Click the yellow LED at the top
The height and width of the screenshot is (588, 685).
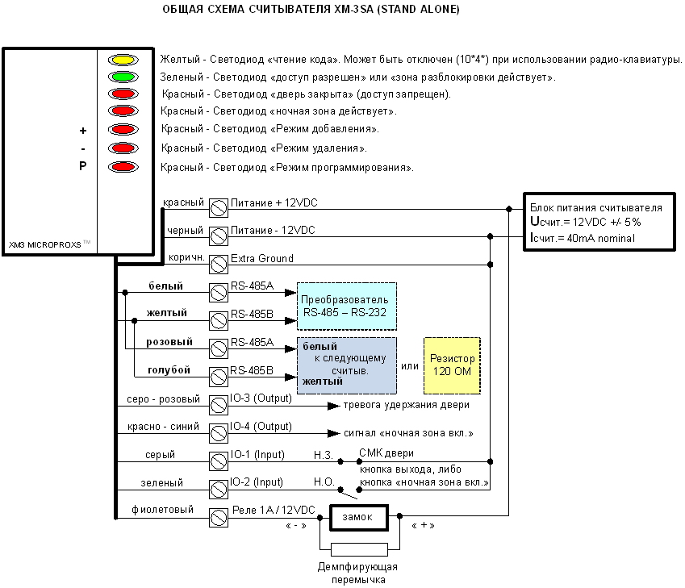(123, 60)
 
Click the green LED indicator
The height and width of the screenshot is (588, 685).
(123, 77)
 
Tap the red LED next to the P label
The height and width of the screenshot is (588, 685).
(123, 168)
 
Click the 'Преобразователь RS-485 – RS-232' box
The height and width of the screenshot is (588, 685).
(346, 306)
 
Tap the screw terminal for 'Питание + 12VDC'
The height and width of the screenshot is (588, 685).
(217, 206)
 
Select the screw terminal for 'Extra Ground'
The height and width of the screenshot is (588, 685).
(217, 262)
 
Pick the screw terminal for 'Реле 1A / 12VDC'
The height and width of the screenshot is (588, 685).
(217, 517)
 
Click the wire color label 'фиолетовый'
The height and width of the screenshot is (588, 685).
(162, 510)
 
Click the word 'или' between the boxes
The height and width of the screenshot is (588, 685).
(410, 366)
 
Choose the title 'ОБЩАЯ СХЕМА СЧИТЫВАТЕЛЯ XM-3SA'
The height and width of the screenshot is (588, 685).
(311, 10)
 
